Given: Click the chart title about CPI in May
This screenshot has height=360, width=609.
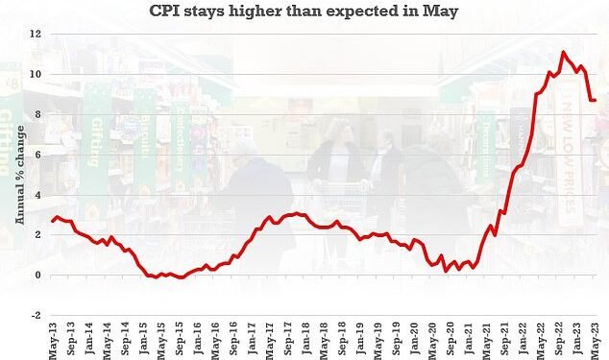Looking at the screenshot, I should (x=304, y=12).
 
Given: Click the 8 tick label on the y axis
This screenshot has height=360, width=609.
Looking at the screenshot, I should (x=37, y=115).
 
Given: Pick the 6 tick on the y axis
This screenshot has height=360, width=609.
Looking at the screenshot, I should (x=37, y=156).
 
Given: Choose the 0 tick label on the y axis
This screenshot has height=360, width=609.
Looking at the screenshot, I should (x=37, y=276).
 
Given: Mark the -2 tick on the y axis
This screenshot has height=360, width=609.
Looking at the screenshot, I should (x=35, y=316).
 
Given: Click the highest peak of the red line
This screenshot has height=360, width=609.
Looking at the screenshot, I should (x=563, y=52).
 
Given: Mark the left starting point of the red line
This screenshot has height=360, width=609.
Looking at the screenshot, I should (x=53, y=222).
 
